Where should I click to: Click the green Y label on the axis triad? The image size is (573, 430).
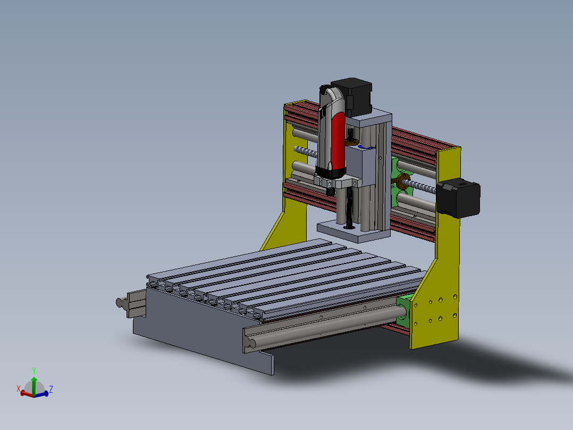(34, 371)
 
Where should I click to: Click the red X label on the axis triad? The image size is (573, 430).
(19, 388)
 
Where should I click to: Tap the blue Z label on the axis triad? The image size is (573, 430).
(50, 390)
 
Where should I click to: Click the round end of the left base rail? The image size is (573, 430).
(120, 302)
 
